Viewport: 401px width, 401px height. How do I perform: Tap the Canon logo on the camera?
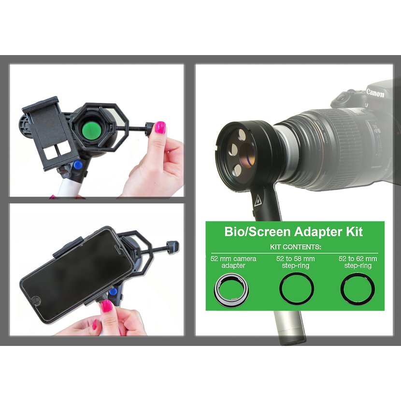pos(375,93)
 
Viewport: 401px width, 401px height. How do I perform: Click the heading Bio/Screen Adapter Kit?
pos(293,232)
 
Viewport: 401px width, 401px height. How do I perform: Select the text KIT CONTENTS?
pos(295,247)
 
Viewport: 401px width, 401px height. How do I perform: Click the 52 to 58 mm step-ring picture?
pos(297,288)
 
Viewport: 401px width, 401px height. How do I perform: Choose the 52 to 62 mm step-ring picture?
pos(358,289)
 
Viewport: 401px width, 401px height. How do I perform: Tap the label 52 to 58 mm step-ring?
pos(296,262)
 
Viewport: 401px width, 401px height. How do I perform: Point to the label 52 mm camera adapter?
pos(233,262)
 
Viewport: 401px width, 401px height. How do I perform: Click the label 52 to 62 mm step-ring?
pos(358,262)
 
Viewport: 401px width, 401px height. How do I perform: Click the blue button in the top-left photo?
pos(77,165)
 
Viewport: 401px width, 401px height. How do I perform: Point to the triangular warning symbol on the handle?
pos(258,201)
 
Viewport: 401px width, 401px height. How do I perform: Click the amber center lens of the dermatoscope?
pos(246,154)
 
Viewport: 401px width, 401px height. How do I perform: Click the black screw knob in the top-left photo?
pos(150,129)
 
